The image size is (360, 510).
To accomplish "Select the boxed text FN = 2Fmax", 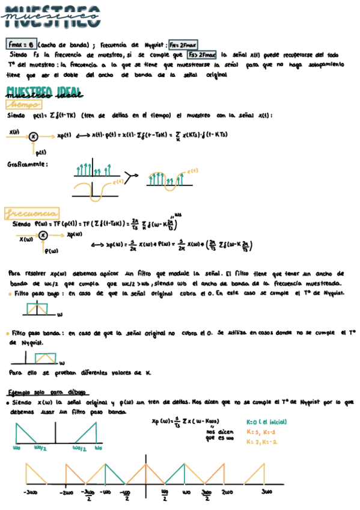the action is pos(183,44).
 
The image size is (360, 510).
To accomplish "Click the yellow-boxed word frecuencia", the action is pos(31,213).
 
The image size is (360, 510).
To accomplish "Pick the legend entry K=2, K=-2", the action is pos(263,441).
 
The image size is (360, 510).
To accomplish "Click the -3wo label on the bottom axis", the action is pos(32,491).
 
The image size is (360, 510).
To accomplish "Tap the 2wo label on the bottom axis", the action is pos(226,491).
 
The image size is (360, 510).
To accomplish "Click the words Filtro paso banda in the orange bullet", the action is pos(37,332).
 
